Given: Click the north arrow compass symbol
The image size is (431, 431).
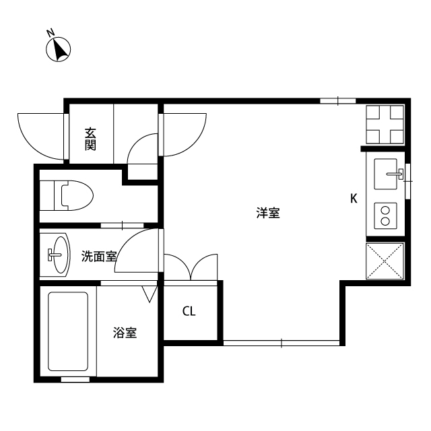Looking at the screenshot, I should click(x=59, y=48).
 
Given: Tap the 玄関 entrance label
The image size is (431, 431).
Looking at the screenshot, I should click(x=90, y=139).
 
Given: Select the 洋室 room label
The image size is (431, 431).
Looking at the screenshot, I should click(x=268, y=213).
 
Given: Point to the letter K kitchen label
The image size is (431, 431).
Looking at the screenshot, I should click(x=353, y=199).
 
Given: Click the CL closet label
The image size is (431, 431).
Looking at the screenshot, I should click(x=189, y=312).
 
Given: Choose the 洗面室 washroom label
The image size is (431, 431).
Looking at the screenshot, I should click(x=99, y=256).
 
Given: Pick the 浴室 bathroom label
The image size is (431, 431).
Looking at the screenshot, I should click(x=125, y=332).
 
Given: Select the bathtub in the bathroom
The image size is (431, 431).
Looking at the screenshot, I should click(x=68, y=331).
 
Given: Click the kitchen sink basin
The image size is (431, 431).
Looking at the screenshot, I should click(x=386, y=173).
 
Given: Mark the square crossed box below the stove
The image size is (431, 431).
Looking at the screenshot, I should click(x=386, y=261).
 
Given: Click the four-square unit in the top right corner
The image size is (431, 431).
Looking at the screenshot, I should click(x=385, y=125).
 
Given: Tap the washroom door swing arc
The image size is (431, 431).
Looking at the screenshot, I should click(x=137, y=251).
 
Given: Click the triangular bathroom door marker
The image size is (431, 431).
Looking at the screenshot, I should click(x=150, y=293).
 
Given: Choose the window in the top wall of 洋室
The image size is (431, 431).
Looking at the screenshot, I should click(x=337, y=101).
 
